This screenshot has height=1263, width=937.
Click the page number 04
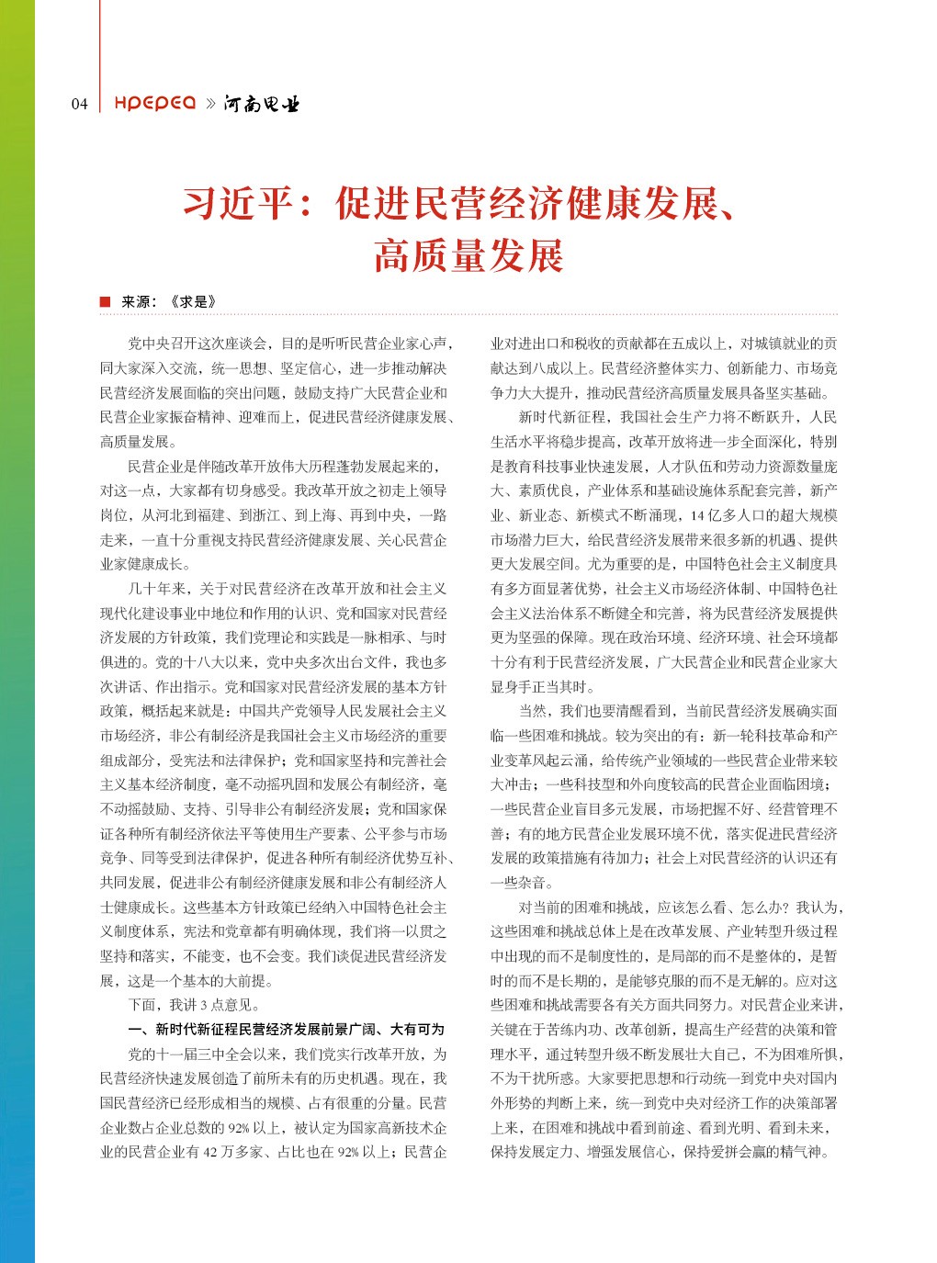click(x=80, y=104)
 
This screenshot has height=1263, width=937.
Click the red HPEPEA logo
click(x=154, y=103)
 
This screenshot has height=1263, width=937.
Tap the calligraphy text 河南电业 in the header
click(x=262, y=104)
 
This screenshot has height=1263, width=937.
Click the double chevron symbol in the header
click(x=210, y=104)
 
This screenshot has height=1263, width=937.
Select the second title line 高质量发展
click(x=468, y=255)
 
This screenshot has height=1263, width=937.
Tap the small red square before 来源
click(x=105, y=302)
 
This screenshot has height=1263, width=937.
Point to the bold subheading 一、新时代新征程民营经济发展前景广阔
click(x=286, y=1029)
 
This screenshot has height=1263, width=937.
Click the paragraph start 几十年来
click(x=156, y=589)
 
